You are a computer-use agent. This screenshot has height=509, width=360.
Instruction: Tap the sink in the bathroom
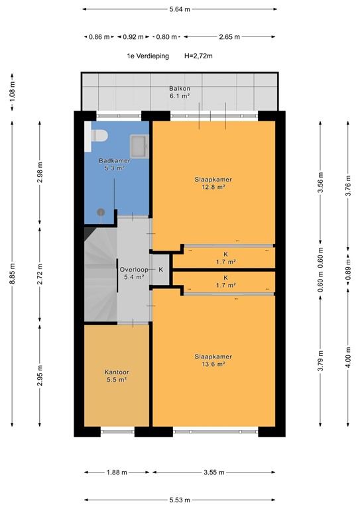pyautogui.click(x=140, y=144)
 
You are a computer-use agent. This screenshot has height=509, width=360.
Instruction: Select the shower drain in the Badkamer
pyautogui.click(x=101, y=212)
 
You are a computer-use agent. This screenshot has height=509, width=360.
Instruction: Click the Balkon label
pyautogui.click(x=179, y=88)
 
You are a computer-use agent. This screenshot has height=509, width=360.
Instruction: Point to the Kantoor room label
pyautogui.click(x=117, y=372)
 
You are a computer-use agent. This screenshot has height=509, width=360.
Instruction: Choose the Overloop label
pyautogui.click(x=133, y=270)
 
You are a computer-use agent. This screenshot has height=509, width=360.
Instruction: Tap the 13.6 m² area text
pyautogui.click(x=213, y=364)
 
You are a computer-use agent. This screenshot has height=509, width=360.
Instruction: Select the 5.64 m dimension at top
pyautogui.click(x=180, y=9)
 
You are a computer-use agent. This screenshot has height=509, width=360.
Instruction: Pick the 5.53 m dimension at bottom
pyautogui.click(x=180, y=500)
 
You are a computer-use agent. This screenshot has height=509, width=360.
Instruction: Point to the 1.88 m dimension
pyautogui.click(x=117, y=473)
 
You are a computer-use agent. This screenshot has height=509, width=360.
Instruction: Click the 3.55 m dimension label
pyautogui.click(x=213, y=473)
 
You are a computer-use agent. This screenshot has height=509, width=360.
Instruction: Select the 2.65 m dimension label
pyautogui.click(x=229, y=37)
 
